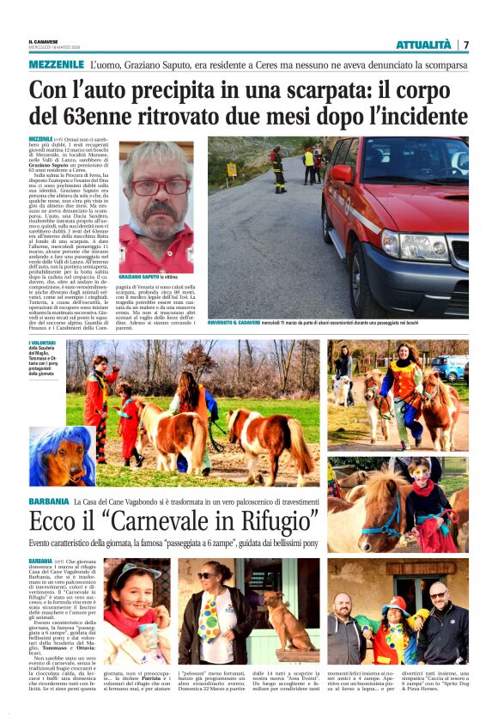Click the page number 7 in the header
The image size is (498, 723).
click(x=465, y=45)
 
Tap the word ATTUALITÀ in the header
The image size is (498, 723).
click(x=422, y=45)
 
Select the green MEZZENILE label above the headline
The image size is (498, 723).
click(x=56, y=65)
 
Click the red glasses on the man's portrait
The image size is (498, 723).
click(x=156, y=186)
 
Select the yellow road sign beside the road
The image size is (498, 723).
click(x=231, y=170)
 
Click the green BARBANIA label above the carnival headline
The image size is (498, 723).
click(x=47, y=501)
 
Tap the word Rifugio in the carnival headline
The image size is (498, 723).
click(x=277, y=520)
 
